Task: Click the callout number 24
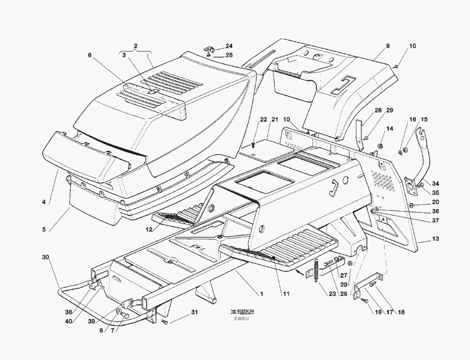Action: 229,46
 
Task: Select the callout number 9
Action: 388,46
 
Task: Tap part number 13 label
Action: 436,239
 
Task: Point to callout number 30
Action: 45,257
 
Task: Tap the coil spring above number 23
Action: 316,271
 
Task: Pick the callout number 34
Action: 436,183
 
